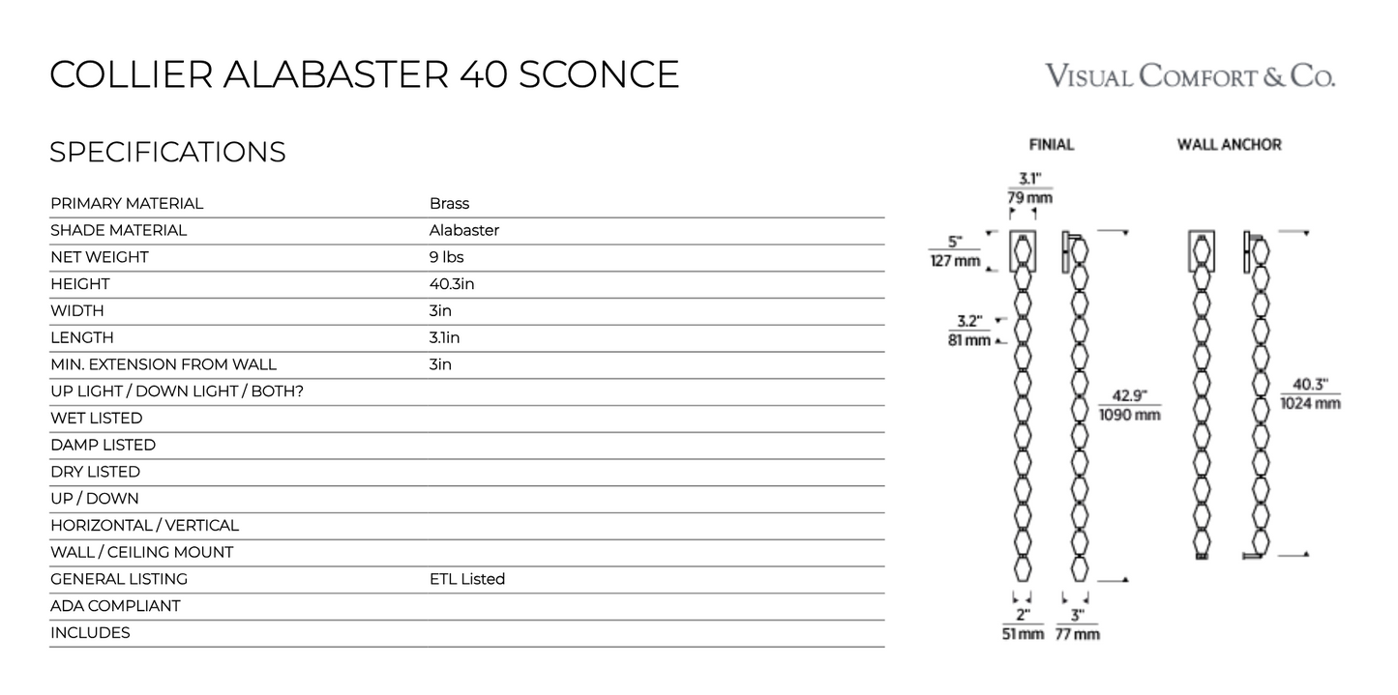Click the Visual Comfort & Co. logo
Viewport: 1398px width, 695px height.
[1190, 76]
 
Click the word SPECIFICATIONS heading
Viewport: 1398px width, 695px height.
[167, 152]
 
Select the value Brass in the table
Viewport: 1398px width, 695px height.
[449, 203]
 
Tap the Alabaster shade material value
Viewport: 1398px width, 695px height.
[464, 230]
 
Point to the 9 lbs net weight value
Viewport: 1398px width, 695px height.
[446, 257]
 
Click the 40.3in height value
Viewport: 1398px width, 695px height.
[452, 283]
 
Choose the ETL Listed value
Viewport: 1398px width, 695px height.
[467, 579]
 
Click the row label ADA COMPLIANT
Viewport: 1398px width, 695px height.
[115, 606]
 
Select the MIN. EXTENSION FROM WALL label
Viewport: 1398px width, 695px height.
[164, 364]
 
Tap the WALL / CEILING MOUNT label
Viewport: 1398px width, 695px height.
[141, 552]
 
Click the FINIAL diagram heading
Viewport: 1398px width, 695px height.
[1052, 145]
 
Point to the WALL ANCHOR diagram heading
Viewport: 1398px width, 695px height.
[1230, 145]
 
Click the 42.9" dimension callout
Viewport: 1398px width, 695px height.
[1130, 395]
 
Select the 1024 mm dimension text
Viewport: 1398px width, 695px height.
[1310, 403]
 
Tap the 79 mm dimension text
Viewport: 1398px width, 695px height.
[1029, 197]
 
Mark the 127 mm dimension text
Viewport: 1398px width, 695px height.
[955, 261]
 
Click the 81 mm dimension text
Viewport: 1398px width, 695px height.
[969, 340]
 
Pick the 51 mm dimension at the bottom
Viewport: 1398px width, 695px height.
[1023, 634]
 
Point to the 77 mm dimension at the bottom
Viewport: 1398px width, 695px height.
[1078, 634]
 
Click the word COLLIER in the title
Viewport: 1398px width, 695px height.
[131, 74]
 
